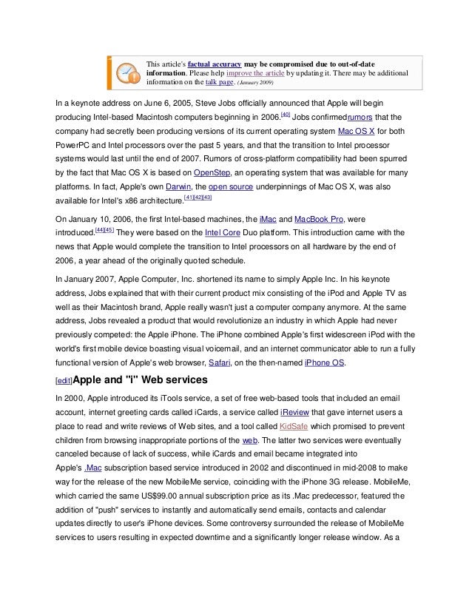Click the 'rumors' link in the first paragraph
366,117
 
